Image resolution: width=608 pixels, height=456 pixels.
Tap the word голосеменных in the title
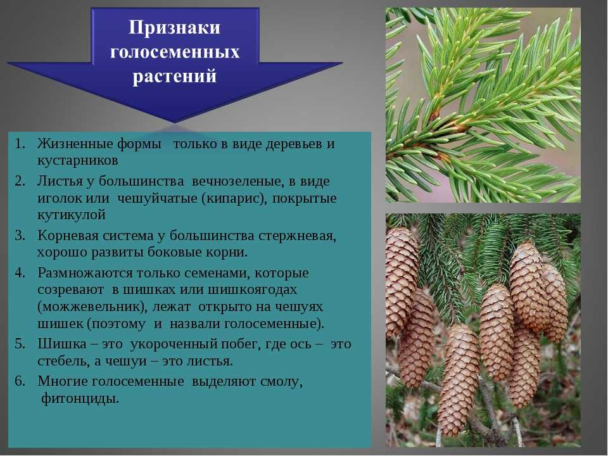point(175,52)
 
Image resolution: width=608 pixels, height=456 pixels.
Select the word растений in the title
point(175,76)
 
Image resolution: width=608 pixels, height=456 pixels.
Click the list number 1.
point(20,144)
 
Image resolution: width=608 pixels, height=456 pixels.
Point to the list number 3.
point(20,236)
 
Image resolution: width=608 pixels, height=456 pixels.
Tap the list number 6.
point(20,381)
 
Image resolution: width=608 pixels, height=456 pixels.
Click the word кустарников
point(77,160)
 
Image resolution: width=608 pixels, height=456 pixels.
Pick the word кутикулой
point(72,215)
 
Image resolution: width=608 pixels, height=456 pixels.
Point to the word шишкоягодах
point(253,289)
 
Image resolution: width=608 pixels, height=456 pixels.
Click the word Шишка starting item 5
point(62,344)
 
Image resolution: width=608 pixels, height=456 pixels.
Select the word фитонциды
point(80,398)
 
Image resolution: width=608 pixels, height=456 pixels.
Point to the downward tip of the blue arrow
point(175,122)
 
